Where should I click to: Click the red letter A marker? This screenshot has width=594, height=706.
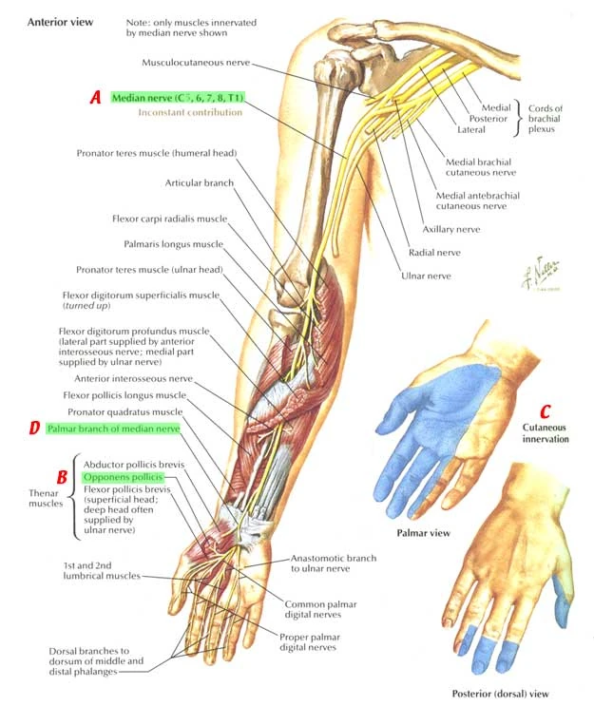pos(95,97)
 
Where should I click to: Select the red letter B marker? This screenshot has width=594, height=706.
pos(62,475)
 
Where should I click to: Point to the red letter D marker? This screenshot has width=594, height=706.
pos(34,429)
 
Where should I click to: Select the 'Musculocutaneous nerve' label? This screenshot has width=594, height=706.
pos(196,63)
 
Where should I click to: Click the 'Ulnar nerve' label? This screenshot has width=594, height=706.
pos(428,277)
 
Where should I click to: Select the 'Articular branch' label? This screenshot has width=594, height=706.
pos(199,182)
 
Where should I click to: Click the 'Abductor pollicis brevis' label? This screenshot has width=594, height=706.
pos(133,464)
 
